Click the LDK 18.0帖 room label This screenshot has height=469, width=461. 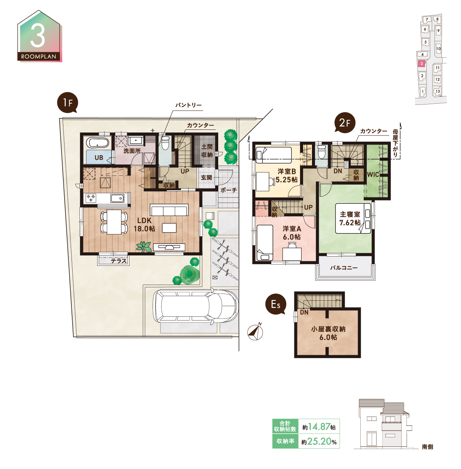[x=144, y=224]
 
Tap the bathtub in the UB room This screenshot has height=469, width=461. [x=98, y=143]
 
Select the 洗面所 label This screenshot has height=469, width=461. [x=132, y=151]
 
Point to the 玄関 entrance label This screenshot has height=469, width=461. [x=206, y=178]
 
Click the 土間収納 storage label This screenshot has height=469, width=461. [x=207, y=151]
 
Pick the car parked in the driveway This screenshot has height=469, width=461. [x=195, y=306]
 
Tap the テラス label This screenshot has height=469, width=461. [x=119, y=261]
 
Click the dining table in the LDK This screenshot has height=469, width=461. [x=114, y=222]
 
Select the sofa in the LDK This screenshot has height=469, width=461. [x=169, y=210]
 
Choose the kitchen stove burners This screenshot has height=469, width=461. [x=91, y=198]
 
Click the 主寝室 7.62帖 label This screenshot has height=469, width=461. [x=350, y=218]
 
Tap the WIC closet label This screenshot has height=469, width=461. [x=373, y=174]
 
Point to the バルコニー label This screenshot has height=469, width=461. [x=344, y=268]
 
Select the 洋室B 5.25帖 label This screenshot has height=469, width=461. [x=287, y=176]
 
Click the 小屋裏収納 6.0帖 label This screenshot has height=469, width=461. [x=328, y=333]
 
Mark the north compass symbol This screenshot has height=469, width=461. [x=255, y=332]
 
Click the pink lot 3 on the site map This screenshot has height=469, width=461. [x=421, y=63]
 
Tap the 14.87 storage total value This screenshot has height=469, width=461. [x=319, y=427]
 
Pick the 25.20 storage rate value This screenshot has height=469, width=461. [x=319, y=441]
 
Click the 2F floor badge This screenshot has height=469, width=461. [x=345, y=123]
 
